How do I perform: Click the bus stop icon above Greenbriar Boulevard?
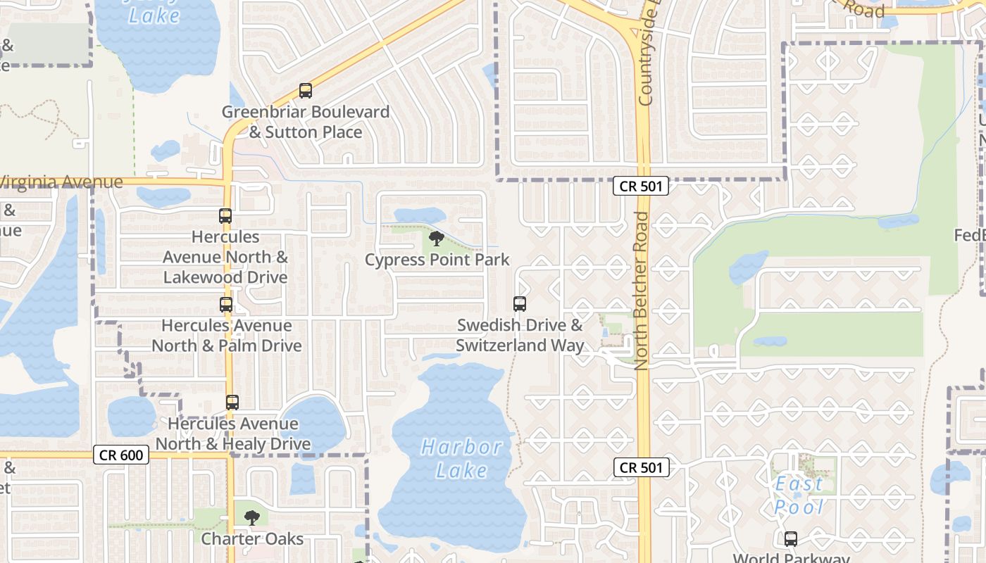[305, 91]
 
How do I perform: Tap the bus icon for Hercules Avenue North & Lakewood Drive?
[225, 216]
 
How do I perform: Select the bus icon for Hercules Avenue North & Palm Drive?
[226, 305]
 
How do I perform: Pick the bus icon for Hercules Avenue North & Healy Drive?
[232, 403]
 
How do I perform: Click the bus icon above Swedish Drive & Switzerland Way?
[520, 304]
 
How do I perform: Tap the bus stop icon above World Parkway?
[791, 539]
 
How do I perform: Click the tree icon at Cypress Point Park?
[437, 239]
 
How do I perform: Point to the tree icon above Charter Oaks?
[251, 519]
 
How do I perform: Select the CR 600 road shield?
[121, 455]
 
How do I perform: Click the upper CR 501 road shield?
[640, 186]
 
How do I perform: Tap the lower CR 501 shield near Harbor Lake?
[640, 467]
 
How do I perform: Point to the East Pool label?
[799, 495]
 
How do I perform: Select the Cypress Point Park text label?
[437, 260]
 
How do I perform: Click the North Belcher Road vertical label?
[641, 290]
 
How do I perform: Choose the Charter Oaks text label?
[252, 539]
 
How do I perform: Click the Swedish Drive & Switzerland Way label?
[520, 335]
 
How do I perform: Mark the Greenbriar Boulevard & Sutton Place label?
[306, 122]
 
